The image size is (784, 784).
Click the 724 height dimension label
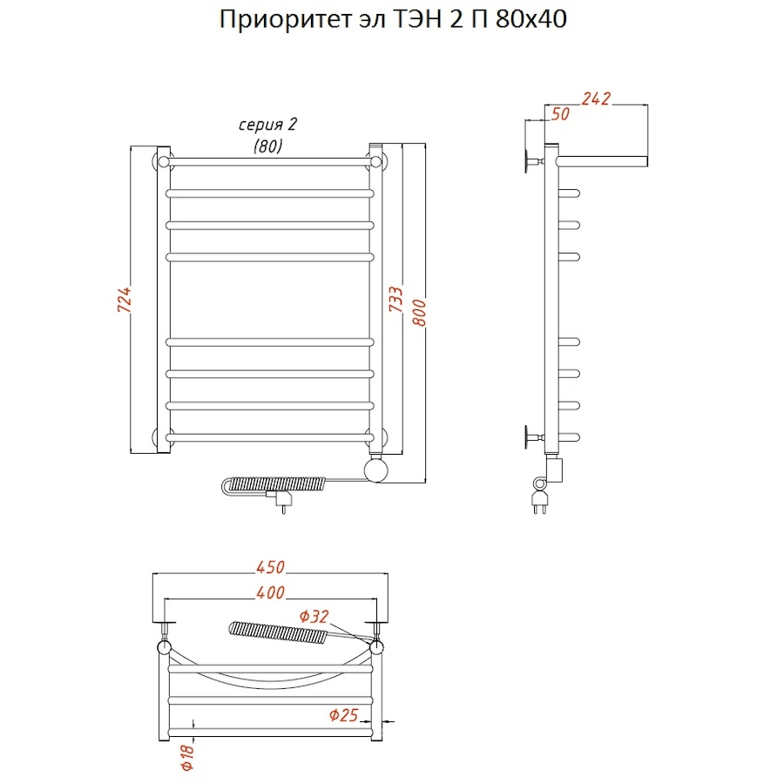pos(125,301)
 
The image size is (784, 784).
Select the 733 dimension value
pos(395,301)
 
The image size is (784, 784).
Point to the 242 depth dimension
pos(597,98)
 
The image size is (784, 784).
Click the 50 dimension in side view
pos(560,113)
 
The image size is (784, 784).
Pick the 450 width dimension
pos(270,567)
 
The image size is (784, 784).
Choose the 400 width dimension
pos(271,593)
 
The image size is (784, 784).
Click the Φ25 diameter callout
pos(345,716)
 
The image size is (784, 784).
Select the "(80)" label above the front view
pos(267,146)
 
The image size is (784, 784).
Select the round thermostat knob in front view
pos(378,470)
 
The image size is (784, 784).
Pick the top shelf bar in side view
pos(602,161)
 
